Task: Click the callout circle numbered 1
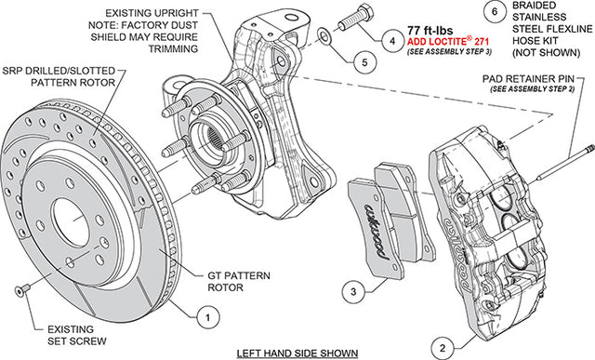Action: [x=208, y=317]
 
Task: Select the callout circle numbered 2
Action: [x=443, y=348]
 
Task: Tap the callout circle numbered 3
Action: [x=353, y=292]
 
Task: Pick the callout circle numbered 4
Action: [x=392, y=41]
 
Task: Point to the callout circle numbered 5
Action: [x=364, y=62]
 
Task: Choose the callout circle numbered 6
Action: [x=495, y=12]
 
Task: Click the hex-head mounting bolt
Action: [x=355, y=18]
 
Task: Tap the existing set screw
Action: [x=21, y=290]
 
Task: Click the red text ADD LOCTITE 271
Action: [x=448, y=41]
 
